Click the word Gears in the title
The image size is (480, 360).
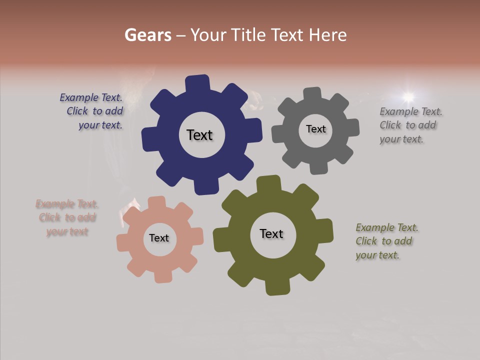147,35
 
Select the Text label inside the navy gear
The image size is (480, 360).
199,135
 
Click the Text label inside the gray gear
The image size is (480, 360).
315,129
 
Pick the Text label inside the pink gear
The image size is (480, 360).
159,238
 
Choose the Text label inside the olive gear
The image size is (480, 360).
271,233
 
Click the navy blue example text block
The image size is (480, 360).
93,111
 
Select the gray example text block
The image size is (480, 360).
409,125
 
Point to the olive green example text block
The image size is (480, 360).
385,241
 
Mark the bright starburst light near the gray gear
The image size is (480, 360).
408,96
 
